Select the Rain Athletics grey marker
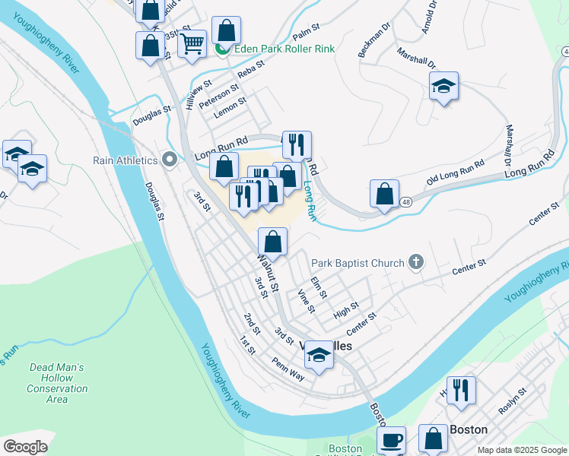(169, 160)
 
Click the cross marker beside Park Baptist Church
(415, 263)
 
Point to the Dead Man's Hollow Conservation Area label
(56, 383)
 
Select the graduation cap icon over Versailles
(319, 354)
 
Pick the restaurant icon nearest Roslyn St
(460, 390)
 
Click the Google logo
(25, 447)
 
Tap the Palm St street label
(305, 33)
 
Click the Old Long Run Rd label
(456, 173)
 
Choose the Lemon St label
(230, 107)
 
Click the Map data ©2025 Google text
(522, 450)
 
